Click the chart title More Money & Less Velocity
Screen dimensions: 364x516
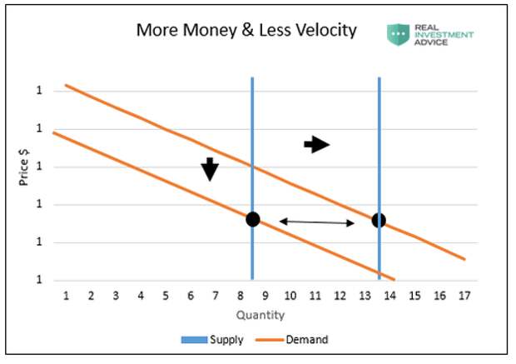(246, 31)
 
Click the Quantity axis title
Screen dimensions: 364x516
(260, 315)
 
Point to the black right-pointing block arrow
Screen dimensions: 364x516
(316, 145)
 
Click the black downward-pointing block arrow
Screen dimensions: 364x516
(210, 169)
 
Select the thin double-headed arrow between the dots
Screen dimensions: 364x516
(316, 222)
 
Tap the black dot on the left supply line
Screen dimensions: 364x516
(252, 219)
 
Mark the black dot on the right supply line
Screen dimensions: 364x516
(379, 220)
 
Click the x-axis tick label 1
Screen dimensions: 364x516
(66, 296)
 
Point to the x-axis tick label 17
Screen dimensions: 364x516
(464, 296)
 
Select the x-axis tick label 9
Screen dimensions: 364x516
(265, 296)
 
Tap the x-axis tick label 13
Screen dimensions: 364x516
(364, 296)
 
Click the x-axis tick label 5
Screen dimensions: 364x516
(166, 296)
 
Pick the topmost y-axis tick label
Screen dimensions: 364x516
(38, 91)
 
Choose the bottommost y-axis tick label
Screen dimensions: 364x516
(38, 280)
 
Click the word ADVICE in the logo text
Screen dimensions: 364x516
(433, 42)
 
